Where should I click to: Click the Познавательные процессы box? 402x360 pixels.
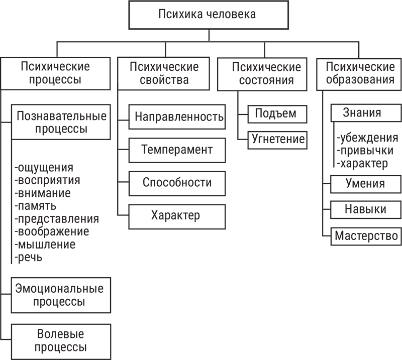(62, 122)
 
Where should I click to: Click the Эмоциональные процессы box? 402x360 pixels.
(59, 295)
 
